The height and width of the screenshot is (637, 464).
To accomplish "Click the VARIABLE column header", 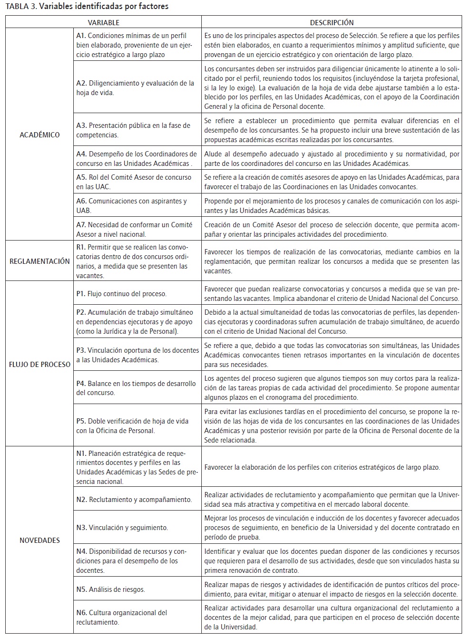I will click(103, 22).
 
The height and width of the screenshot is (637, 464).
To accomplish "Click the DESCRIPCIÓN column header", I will click(332, 22).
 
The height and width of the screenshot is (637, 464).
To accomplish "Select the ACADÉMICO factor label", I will click(39, 135).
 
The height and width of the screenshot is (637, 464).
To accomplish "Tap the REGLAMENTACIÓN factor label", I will click(39, 261).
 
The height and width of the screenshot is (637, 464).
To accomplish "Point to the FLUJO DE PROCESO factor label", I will click(39, 365).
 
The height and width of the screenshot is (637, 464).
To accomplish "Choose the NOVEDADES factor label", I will click(39, 540).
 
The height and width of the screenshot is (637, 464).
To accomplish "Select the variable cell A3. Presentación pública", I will click(137, 130).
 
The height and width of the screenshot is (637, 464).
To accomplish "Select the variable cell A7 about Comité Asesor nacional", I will click(137, 229).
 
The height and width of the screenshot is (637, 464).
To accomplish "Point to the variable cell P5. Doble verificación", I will click(137, 426).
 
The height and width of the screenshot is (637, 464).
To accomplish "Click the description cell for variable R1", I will click(332, 261).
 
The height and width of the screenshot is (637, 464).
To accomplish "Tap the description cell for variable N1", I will click(332, 467).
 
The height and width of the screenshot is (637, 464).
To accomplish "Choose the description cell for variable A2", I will click(332, 88).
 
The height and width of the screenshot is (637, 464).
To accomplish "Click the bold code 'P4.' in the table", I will click(81, 384).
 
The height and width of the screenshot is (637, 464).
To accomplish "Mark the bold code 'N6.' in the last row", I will click(81, 613).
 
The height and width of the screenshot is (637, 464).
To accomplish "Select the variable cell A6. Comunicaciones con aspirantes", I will click(137, 205).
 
